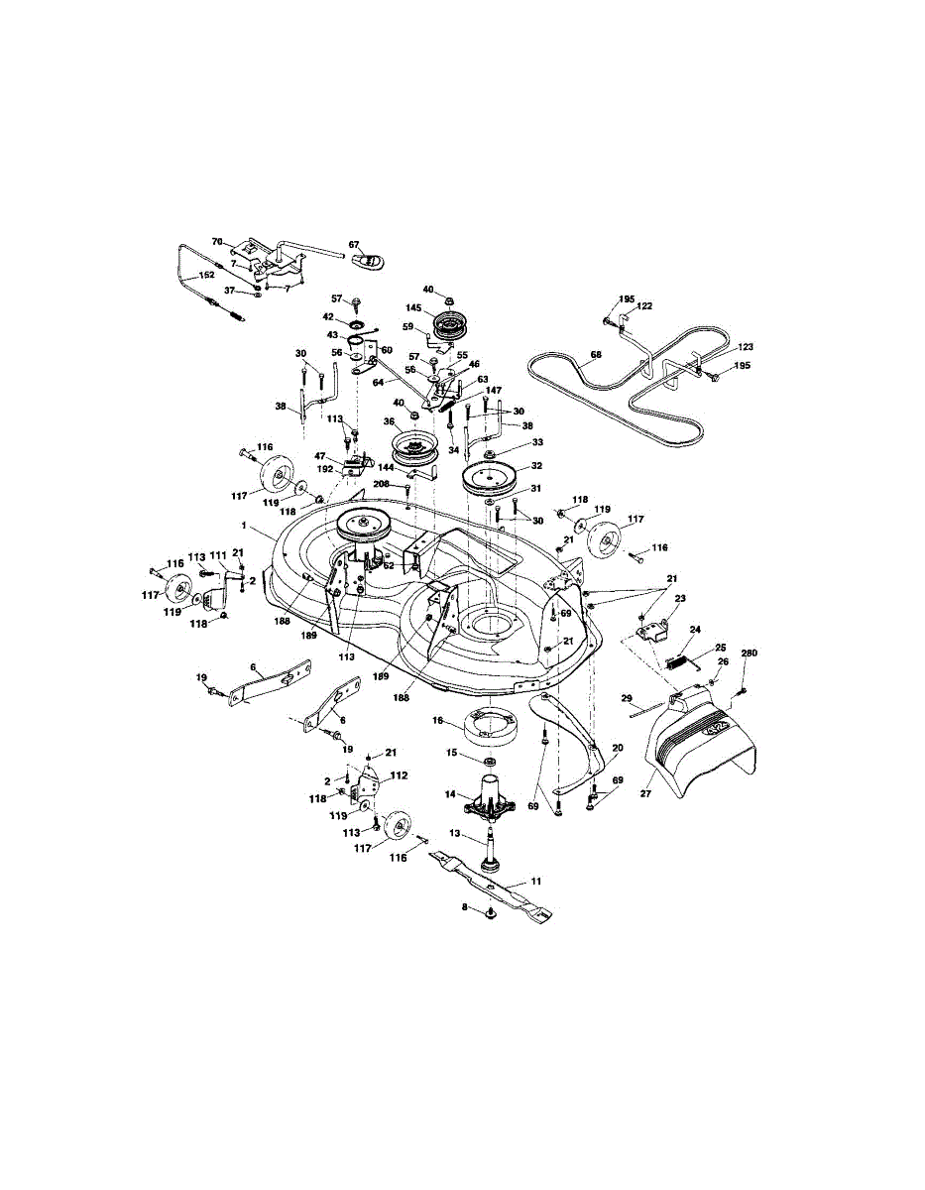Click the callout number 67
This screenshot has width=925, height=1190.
coord(354,244)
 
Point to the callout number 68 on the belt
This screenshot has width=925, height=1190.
coord(596,352)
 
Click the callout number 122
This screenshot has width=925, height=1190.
coord(644,307)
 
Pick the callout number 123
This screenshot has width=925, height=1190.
coord(746,347)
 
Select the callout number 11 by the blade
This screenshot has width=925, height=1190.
coord(536,880)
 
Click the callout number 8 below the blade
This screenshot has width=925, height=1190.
coord(465,906)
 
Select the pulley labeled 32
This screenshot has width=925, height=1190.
coord(493,478)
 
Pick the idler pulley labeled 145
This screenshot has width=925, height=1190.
coord(451,324)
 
